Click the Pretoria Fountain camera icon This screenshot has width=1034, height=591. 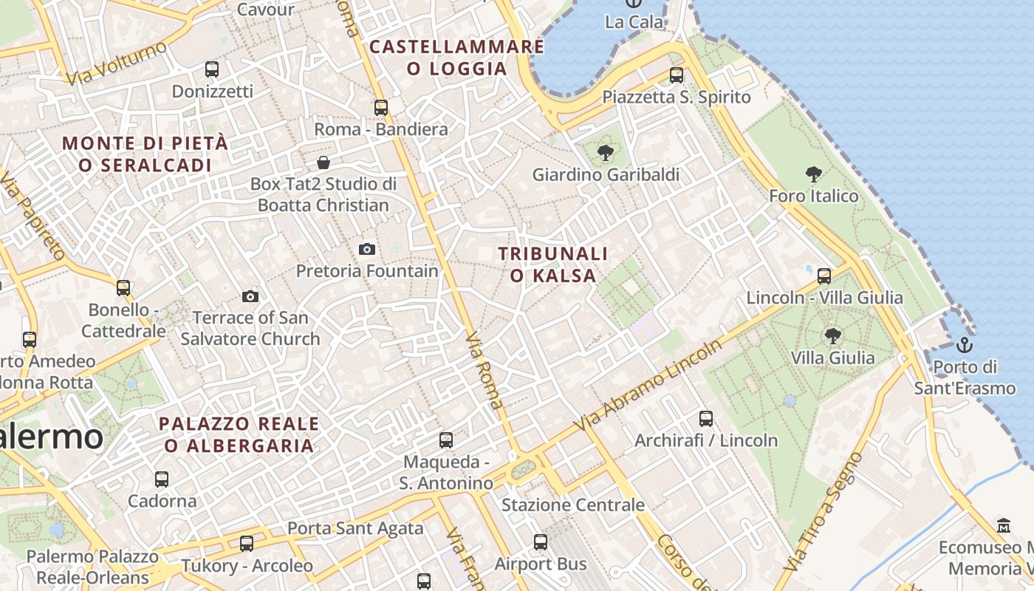pyautogui.click(x=366, y=249)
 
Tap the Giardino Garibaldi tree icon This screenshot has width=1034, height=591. pyautogui.click(x=606, y=153)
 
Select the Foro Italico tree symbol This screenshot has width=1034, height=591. pyautogui.click(x=814, y=174)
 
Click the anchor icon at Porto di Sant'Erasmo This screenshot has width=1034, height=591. pyautogui.click(x=964, y=344)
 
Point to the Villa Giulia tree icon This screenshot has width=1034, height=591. pyautogui.click(x=832, y=336)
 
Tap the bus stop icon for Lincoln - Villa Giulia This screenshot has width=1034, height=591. pyautogui.click(x=824, y=276)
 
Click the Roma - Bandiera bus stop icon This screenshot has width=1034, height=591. pyautogui.click(x=381, y=107)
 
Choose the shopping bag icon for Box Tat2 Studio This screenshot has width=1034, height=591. pyautogui.click(x=323, y=162)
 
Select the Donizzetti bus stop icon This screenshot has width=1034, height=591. pyautogui.click(x=212, y=69)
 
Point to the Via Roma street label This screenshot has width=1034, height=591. pyautogui.click(x=485, y=371)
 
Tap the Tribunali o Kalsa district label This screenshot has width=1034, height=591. pyautogui.click(x=553, y=264)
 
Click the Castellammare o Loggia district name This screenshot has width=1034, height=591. pyautogui.click(x=456, y=58)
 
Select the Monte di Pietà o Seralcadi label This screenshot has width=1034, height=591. pyautogui.click(x=145, y=154)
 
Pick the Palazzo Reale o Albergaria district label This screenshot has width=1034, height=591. pyautogui.click(x=239, y=434)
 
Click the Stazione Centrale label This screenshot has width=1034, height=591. pyautogui.click(x=573, y=505)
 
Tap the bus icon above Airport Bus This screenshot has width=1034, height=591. pyautogui.click(x=541, y=542)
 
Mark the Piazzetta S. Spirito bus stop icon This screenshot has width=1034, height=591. pyautogui.click(x=676, y=75)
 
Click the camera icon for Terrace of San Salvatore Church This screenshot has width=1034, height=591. pyautogui.click(x=250, y=296)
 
